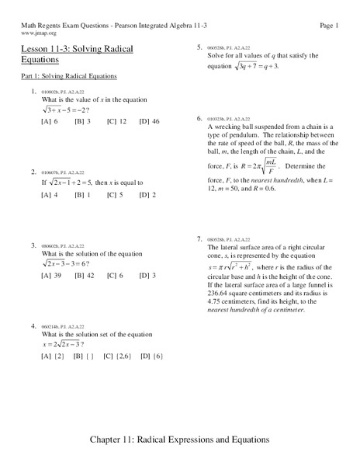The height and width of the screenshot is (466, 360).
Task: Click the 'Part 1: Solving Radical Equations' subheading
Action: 69,77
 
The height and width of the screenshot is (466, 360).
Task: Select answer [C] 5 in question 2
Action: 116,194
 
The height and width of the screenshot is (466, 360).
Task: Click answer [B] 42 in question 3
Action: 85,275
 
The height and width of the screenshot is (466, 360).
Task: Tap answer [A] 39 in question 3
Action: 51,275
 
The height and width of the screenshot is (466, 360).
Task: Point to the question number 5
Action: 200,47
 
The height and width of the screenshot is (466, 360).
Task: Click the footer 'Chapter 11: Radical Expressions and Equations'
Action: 179,439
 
